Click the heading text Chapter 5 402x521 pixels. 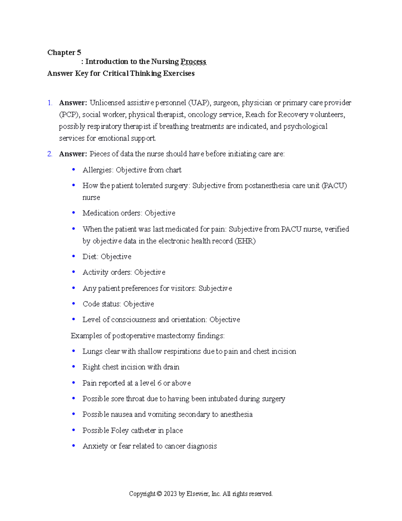coord(64,53)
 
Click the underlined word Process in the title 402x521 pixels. coord(193,62)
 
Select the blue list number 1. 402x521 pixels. coord(50,103)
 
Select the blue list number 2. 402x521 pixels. coord(50,154)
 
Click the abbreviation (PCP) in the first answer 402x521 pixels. coord(69,115)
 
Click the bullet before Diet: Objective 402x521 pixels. coord(73,256)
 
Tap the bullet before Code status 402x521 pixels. coord(73,304)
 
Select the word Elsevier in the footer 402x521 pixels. coord(198,494)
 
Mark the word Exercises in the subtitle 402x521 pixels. coord(179,73)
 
